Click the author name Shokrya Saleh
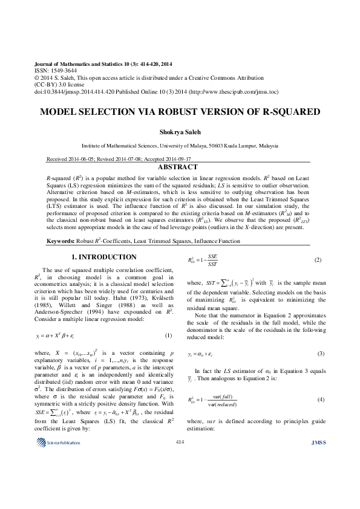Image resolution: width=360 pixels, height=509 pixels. [180, 132]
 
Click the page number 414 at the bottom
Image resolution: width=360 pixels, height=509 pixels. [180, 476]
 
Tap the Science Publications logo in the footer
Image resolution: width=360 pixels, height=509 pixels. [58, 477]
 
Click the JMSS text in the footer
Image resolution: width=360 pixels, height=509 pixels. [318, 477]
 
